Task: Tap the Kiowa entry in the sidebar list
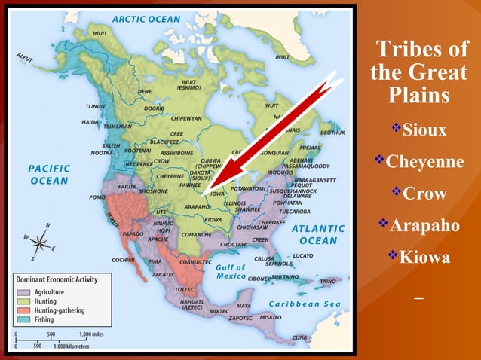pyautogui.click(x=424, y=258)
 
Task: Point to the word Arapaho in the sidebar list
pyautogui.click(x=424, y=225)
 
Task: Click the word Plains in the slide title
pyautogui.click(x=419, y=96)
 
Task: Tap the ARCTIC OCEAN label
pyautogui.click(x=146, y=19)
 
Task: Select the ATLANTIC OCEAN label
pyautogui.click(x=317, y=234)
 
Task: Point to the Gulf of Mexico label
pyautogui.click(x=231, y=272)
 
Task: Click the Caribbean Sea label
pyautogui.click(x=305, y=303)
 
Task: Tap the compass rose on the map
pyautogui.click(x=40, y=242)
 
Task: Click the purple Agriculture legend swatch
pyautogui.click(x=23, y=292)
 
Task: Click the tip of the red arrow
pyautogui.click(x=212, y=187)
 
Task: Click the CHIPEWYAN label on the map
pyautogui.click(x=185, y=118)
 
